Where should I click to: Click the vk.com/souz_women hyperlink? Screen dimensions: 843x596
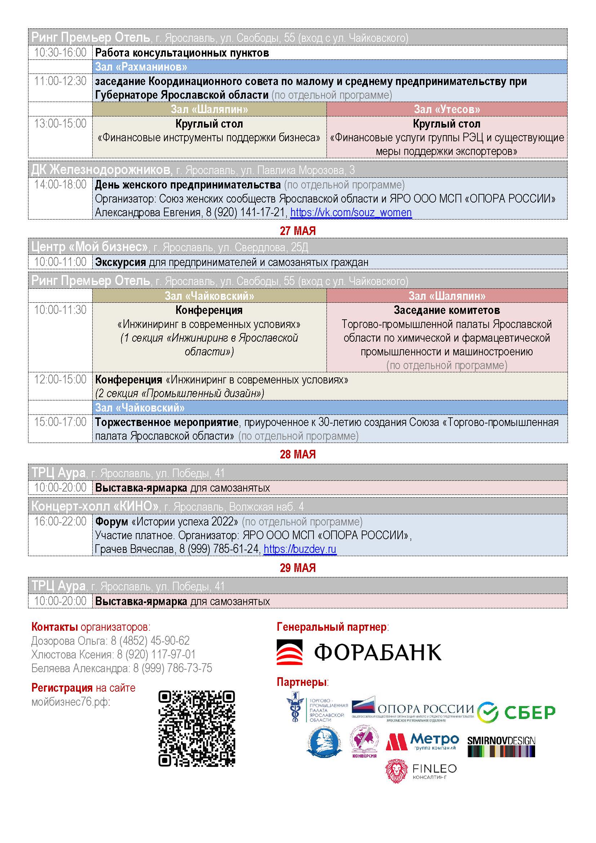tap(351, 213)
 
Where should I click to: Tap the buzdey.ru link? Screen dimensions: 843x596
tap(300, 549)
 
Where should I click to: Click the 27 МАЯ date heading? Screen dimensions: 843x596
tap(298, 231)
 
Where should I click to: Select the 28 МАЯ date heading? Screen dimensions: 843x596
tap(298, 454)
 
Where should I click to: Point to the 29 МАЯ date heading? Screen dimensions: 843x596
tap(298, 568)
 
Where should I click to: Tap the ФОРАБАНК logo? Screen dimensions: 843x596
tap(359, 652)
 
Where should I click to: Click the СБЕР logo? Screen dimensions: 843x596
tap(517, 712)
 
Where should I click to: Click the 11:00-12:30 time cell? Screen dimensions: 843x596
tap(60, 81)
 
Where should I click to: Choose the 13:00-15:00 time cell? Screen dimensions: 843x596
tap(60, 123)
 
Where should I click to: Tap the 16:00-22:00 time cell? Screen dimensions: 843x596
tap(60, 521)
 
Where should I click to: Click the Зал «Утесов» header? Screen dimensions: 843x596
tap(446, 109)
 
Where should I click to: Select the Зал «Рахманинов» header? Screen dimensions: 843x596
tap(141, 67)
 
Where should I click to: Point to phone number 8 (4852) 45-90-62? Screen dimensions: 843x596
tap(150, 640)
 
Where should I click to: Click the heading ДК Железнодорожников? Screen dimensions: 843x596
tap(101, 170)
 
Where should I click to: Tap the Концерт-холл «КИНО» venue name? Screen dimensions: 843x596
tap(95, 506)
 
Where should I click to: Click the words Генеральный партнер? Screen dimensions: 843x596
tap(332, 626)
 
